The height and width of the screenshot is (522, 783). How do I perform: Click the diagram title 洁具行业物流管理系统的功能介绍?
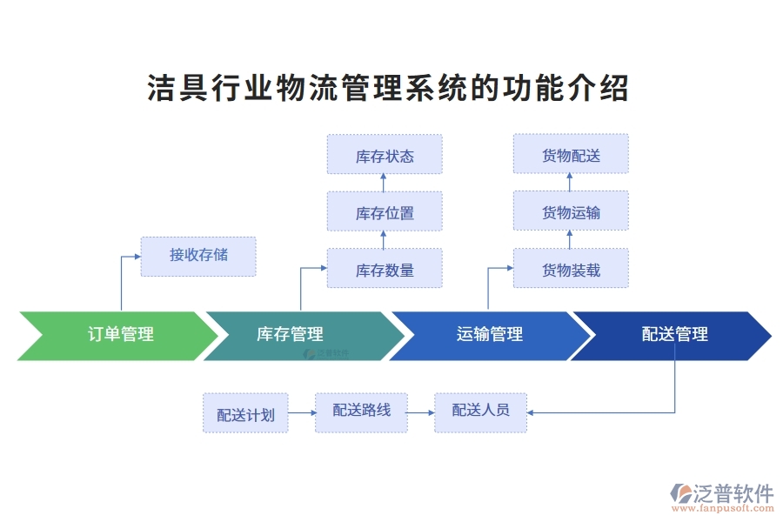coord(388,89)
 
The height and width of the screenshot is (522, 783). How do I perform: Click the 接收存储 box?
coord(198,256)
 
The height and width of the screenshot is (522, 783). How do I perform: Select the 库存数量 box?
coord(385,269)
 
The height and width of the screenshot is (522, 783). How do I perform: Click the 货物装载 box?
coord(571,269)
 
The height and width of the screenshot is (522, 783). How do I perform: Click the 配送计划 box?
coord(245,414)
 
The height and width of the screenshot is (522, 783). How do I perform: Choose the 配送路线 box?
coord(361,412)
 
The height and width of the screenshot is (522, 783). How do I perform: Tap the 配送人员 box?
coord(480,412)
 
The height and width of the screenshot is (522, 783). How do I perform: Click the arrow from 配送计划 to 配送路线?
coord(301,413)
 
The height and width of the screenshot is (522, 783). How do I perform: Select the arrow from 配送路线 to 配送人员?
coord(421,413)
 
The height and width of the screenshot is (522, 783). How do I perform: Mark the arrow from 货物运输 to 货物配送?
coord(570,182)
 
